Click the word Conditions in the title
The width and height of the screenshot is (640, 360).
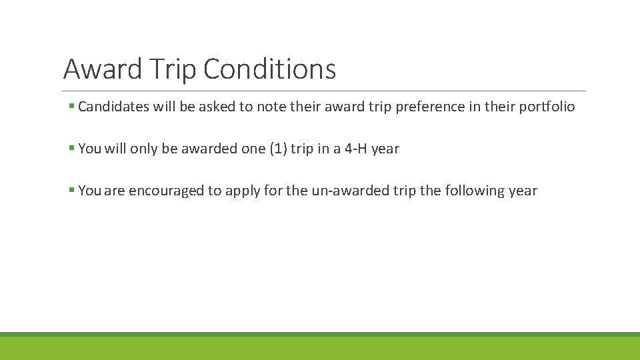(269, 69)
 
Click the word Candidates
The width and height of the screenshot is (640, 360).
(115, 107)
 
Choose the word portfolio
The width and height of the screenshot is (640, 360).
(547, 107)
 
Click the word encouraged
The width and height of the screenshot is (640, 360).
(166, 191)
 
